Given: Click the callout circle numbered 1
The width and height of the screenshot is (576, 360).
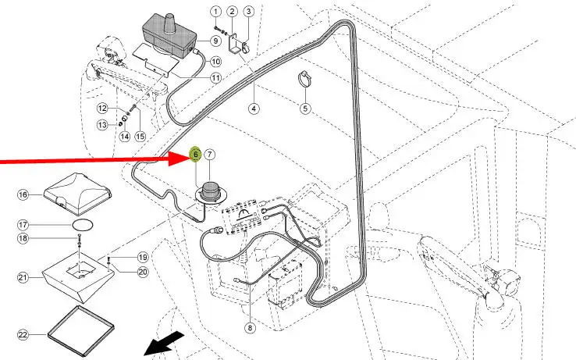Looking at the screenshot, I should pos(217,11).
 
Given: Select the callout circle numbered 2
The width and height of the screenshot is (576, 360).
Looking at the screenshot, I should pos(233,11).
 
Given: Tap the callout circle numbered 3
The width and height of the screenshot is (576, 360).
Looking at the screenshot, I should pos(248,11).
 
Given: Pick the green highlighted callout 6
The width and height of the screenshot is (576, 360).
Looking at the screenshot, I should pos(196,155).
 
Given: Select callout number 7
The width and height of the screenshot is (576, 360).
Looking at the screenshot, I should pos(210,155).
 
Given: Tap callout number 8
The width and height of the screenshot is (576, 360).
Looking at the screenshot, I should pos(250,328).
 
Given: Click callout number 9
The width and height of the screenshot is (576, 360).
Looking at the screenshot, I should pos(215,40).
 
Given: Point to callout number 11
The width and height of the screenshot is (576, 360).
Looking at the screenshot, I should pos(215,77).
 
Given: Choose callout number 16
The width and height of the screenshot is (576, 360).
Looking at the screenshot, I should pos(23,194).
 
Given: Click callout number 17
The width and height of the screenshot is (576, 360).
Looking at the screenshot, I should pos(23,224).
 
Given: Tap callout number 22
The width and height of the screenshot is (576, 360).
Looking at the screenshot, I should pos(23,334).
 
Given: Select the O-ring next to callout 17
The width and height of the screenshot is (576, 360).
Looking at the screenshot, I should pos(80,224).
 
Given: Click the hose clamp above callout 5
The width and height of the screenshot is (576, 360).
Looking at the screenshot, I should pos(304,78).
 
